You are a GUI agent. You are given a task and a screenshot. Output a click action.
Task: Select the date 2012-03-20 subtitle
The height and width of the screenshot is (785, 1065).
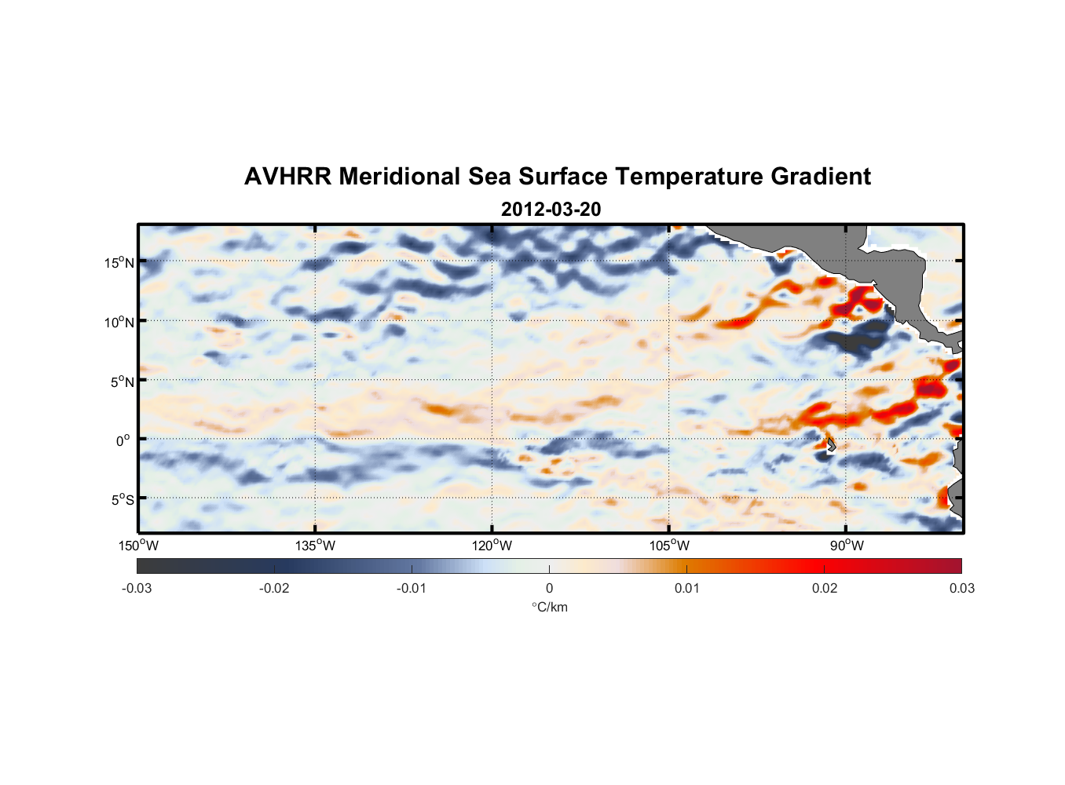tap(551, 210)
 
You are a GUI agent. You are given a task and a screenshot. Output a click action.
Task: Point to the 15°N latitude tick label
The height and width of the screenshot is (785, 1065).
tap(119, 262)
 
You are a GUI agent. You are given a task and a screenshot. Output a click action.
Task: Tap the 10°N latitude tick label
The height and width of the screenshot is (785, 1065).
tap(119, 322)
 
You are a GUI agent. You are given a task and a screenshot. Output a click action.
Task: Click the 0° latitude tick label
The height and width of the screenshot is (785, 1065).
tap(123, 440)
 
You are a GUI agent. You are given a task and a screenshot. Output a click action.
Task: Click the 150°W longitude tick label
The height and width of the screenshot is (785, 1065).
tap(138, 546)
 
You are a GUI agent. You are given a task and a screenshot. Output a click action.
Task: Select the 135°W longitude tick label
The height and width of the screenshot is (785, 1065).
tap(315, 546)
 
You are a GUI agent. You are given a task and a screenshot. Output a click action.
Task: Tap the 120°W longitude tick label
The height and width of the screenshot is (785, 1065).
tap(492, 546)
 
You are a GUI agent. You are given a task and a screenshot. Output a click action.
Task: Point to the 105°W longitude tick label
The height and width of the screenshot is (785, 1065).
tap(669, 546)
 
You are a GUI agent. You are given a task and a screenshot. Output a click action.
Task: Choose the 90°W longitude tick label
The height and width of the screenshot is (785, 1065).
tap(847, 546)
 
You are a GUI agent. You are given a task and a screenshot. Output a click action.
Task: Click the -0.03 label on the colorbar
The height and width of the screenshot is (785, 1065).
tap(137, 589)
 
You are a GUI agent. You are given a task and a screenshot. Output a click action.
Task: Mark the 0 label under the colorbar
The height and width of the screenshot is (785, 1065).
tap(549, 589)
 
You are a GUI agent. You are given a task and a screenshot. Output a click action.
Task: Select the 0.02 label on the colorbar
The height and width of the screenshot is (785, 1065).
tap(825, 589)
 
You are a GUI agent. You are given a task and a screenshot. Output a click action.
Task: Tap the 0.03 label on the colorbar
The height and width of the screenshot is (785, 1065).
tap(961, 589)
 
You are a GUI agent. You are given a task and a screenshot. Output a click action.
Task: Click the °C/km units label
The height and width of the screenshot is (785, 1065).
tap(550, 607)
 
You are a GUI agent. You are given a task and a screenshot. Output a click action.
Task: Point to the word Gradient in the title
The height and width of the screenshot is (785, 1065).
tap(821, 177)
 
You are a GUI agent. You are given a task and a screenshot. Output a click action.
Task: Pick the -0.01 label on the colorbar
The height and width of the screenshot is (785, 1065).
tap(412, 589)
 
